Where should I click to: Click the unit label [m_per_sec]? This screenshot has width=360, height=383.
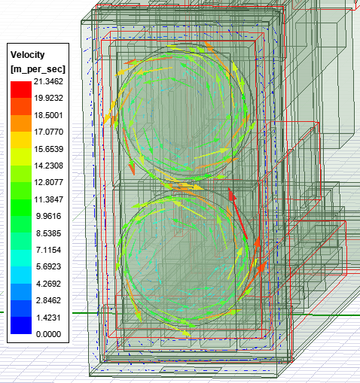pyautogui.click(x=39, y=69)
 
